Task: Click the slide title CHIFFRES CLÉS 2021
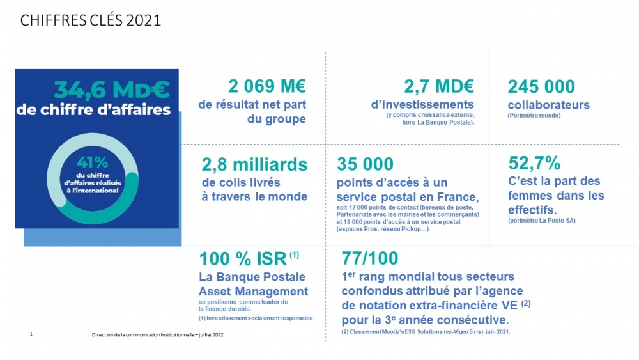tap(90, 20)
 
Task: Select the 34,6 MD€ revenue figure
tap(112, 88)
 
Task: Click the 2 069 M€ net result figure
tap(267, 86)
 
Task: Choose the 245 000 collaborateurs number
tap(541, 86)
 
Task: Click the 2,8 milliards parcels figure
tap(254, 165)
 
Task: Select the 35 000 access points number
tap(365, 165)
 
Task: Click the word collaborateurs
tap(548, 105)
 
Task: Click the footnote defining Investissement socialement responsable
tap(256, 318)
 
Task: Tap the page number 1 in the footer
tap(31, 334)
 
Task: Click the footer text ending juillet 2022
tap(158, 334)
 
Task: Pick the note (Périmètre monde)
tap(534, 116)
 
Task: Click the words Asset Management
tap(254, 292)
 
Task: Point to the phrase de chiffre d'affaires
tap(94, 109)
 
